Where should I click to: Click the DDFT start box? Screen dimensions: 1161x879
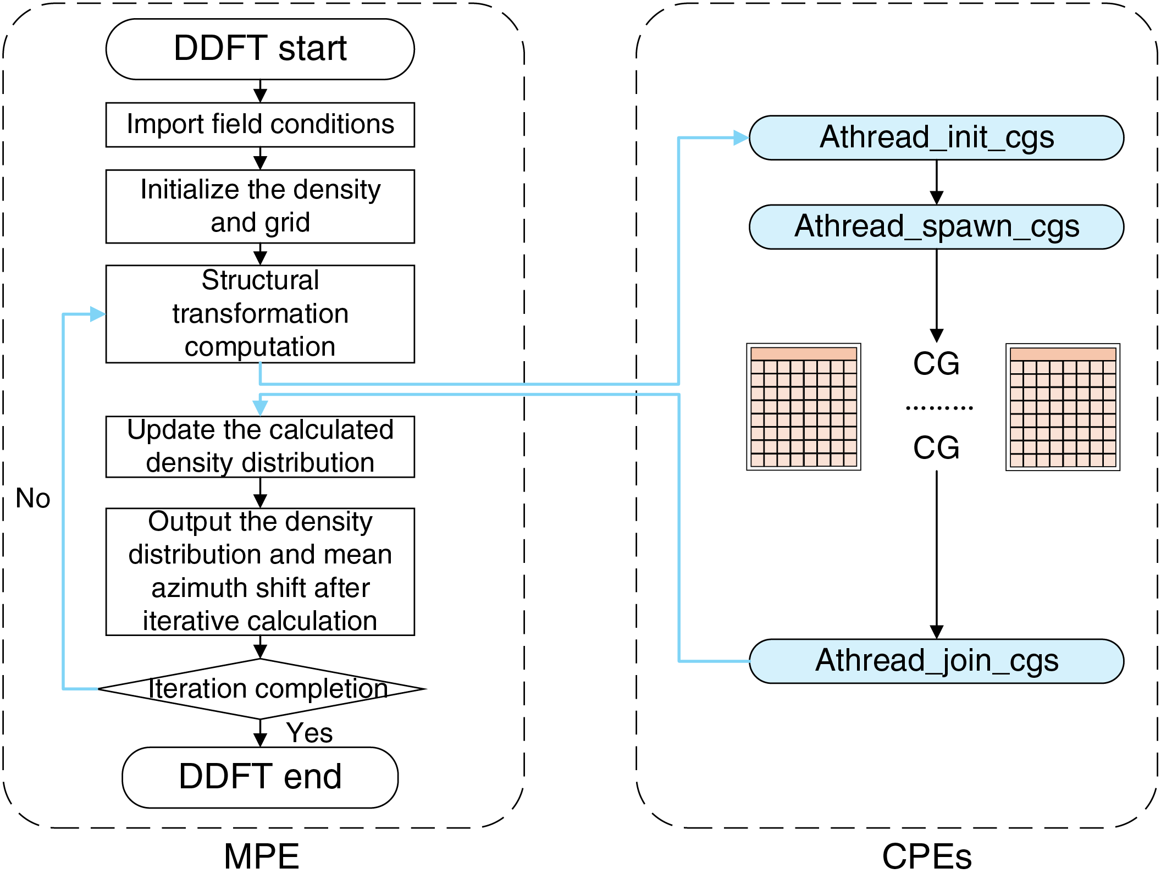[260, 49]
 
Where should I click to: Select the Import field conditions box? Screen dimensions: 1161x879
[260, 125]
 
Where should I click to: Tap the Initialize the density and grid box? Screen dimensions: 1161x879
[260, 206]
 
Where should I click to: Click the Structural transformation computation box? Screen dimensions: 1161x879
[260, 314]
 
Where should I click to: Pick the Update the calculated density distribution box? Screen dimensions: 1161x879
[260, 446]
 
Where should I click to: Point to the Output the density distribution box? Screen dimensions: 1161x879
[260, 572]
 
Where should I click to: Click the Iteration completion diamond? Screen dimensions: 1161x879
[261, 689]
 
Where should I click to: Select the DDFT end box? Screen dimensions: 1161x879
[260, 777]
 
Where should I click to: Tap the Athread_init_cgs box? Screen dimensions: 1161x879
[936, 137]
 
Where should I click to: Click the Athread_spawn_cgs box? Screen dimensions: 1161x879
[936, 227]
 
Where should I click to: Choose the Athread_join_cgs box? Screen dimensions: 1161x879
[936, 661]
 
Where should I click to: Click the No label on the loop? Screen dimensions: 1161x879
[33, 498]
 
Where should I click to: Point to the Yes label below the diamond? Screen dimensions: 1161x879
[309, 733]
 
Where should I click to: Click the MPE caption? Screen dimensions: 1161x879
[262, 856]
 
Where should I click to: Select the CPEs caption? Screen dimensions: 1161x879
[927, 856]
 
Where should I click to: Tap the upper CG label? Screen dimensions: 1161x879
[936, 363]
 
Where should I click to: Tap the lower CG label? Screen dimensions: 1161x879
[936, 447]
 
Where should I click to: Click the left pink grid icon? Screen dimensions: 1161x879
[804, 407]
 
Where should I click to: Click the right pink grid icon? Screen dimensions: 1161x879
[1063, 407]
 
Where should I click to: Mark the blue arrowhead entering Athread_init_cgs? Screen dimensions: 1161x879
[742, 137]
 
